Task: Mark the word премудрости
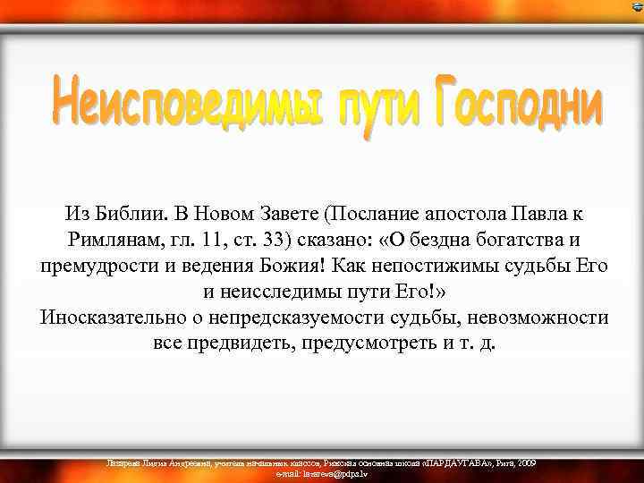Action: point(98,267)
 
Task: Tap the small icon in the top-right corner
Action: point(636,7)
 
